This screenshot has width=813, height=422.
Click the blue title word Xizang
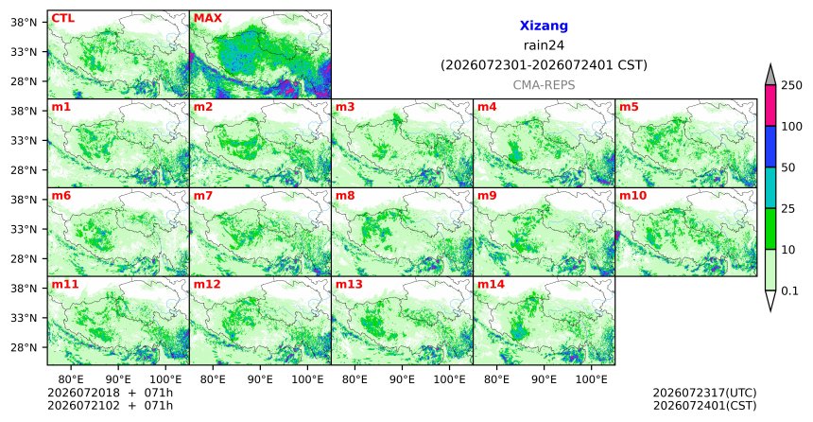(544, 26)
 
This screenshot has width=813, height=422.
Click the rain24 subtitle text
(544, 45)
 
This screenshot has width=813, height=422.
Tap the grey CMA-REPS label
(544, 85)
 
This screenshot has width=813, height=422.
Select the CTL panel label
(62, 19)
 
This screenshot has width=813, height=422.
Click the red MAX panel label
(207, 19)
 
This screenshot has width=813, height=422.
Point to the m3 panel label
(345, 108)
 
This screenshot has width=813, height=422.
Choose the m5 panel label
(629, 108)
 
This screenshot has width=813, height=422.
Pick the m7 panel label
(203, 196)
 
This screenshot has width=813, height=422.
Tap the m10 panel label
(632, 196)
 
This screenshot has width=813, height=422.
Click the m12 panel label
(207, 285)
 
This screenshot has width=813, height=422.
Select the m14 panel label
(491, 285)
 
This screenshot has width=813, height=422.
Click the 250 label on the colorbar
(791, 85)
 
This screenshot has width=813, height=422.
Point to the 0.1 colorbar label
(789, 291)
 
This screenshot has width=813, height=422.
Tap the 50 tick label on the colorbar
(787, 167)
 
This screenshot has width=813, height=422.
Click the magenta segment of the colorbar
(770, 105)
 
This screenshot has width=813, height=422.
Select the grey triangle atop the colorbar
(770, 76)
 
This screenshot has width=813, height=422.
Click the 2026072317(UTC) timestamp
(704, 393)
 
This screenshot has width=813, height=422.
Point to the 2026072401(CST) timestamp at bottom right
(704, 406)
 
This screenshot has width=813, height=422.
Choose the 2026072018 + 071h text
(110, 393)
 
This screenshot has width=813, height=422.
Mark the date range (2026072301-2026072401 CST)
(544, 65)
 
